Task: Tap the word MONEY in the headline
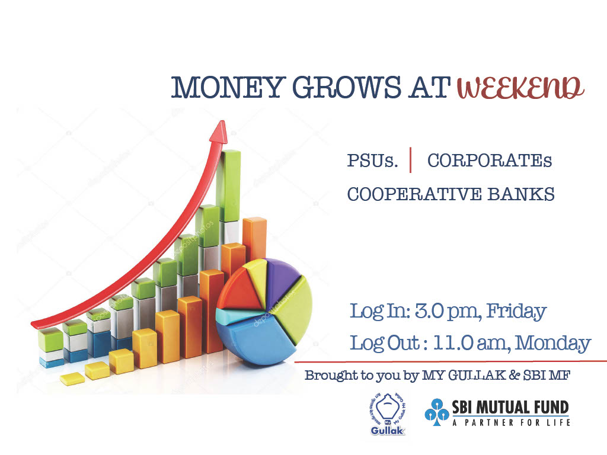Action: (228, 87)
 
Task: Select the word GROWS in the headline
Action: (347, 87)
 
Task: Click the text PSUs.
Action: (372, 161)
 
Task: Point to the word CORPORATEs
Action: (490, 161)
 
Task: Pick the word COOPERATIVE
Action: (414, 194)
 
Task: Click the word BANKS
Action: (521, 194)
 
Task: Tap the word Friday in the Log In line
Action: (516, 312)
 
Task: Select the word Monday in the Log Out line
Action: (553, 344)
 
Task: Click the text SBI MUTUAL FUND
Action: (510, 408)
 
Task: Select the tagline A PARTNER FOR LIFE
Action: (512, 422)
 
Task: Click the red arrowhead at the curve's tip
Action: (219, 132)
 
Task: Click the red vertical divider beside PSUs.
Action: (410, 160)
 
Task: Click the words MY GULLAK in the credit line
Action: (464, 375)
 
